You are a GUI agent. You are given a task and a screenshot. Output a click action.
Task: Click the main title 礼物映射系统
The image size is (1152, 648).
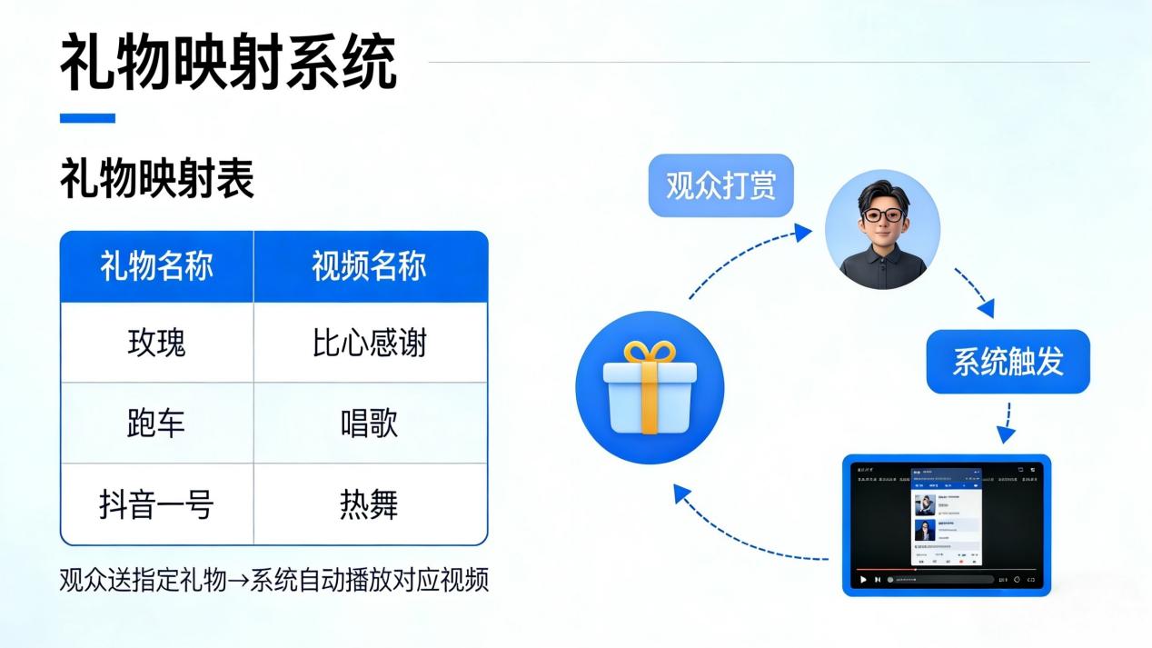point(228,63)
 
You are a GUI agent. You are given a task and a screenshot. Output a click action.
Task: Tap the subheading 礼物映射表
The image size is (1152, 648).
point(157,180)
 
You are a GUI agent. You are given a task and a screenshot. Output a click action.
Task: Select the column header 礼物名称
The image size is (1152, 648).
point(157,267)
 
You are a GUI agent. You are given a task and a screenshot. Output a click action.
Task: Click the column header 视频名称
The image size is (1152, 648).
point(369,267)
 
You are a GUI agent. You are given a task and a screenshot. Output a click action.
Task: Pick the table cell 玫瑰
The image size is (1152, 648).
point(157,344)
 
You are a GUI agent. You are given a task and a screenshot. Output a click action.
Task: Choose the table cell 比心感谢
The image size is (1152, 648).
point(369,344)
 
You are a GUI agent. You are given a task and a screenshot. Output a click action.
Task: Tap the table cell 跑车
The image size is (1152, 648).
point(157,424)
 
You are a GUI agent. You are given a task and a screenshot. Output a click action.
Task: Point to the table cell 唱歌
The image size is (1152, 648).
point(369,424)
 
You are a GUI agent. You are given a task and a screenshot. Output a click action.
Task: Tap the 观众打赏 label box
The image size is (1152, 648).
point(720,185)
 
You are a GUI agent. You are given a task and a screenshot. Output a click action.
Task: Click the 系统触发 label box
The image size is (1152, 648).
point(1008,362)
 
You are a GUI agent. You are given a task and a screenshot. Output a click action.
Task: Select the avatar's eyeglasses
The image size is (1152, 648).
point(882,215)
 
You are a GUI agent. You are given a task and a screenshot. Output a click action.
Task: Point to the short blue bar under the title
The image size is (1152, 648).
point(87,117)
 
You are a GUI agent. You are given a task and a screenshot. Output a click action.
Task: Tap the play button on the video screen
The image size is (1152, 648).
point(862,579)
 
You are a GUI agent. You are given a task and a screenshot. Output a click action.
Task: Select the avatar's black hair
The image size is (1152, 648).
point(881,193)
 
